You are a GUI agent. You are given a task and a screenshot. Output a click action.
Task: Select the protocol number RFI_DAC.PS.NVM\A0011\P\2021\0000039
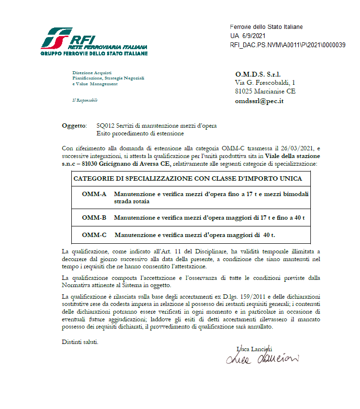coord(288,45)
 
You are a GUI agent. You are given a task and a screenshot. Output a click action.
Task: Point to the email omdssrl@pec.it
coord(259,101)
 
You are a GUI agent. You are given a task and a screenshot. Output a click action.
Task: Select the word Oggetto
coord(73,126)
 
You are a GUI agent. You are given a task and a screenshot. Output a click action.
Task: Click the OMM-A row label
coord(94,194)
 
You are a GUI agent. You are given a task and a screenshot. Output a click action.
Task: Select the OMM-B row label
coord(94,218)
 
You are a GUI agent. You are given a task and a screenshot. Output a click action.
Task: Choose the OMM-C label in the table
coord(94,235)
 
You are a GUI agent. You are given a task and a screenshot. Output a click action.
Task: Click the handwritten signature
coord(262,358)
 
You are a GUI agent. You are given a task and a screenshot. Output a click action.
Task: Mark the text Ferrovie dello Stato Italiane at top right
coord(266,27)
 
